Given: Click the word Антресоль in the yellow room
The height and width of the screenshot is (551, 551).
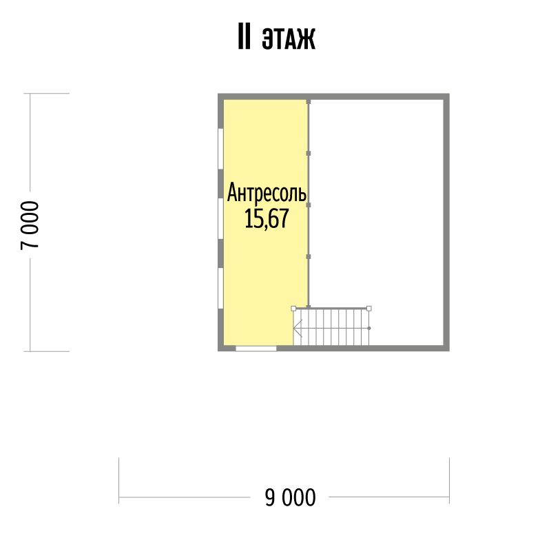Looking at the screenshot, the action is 267,193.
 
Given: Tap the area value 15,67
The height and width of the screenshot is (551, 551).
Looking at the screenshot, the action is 267,218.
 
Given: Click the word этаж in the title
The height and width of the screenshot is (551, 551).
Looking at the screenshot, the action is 289,38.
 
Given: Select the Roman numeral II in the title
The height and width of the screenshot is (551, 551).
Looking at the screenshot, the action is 245,37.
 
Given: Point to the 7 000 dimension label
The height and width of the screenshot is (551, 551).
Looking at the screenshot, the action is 30,225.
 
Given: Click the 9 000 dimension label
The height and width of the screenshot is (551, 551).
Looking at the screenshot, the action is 290,497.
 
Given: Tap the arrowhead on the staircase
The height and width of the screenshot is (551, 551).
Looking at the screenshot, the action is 297,329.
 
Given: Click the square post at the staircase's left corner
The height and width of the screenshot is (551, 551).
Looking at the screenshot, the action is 293,309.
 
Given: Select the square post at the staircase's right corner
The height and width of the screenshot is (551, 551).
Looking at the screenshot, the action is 369,309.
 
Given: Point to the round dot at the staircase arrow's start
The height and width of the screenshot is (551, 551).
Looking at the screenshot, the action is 369,329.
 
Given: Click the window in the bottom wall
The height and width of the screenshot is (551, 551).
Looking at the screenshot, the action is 256,349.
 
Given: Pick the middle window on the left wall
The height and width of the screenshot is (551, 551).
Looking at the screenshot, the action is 220,219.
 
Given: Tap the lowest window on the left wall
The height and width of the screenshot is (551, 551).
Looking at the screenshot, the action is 220,289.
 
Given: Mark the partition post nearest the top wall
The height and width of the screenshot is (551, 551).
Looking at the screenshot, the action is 309,102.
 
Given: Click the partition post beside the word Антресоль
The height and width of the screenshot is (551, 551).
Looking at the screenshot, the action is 309,205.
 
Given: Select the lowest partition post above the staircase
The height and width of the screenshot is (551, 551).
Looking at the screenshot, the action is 309,256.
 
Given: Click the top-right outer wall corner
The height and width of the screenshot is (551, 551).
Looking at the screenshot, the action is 450,94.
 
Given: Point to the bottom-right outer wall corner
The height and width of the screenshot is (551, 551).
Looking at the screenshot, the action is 450,351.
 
